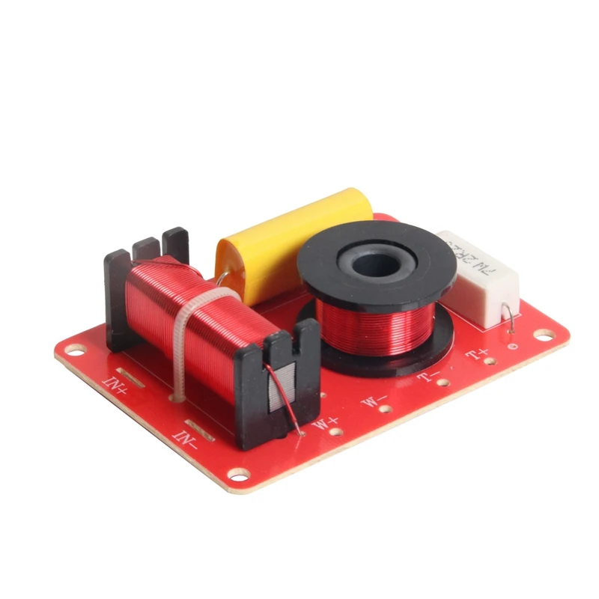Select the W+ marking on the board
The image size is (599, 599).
(326, 424)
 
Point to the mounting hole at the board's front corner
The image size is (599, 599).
(238, 474)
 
